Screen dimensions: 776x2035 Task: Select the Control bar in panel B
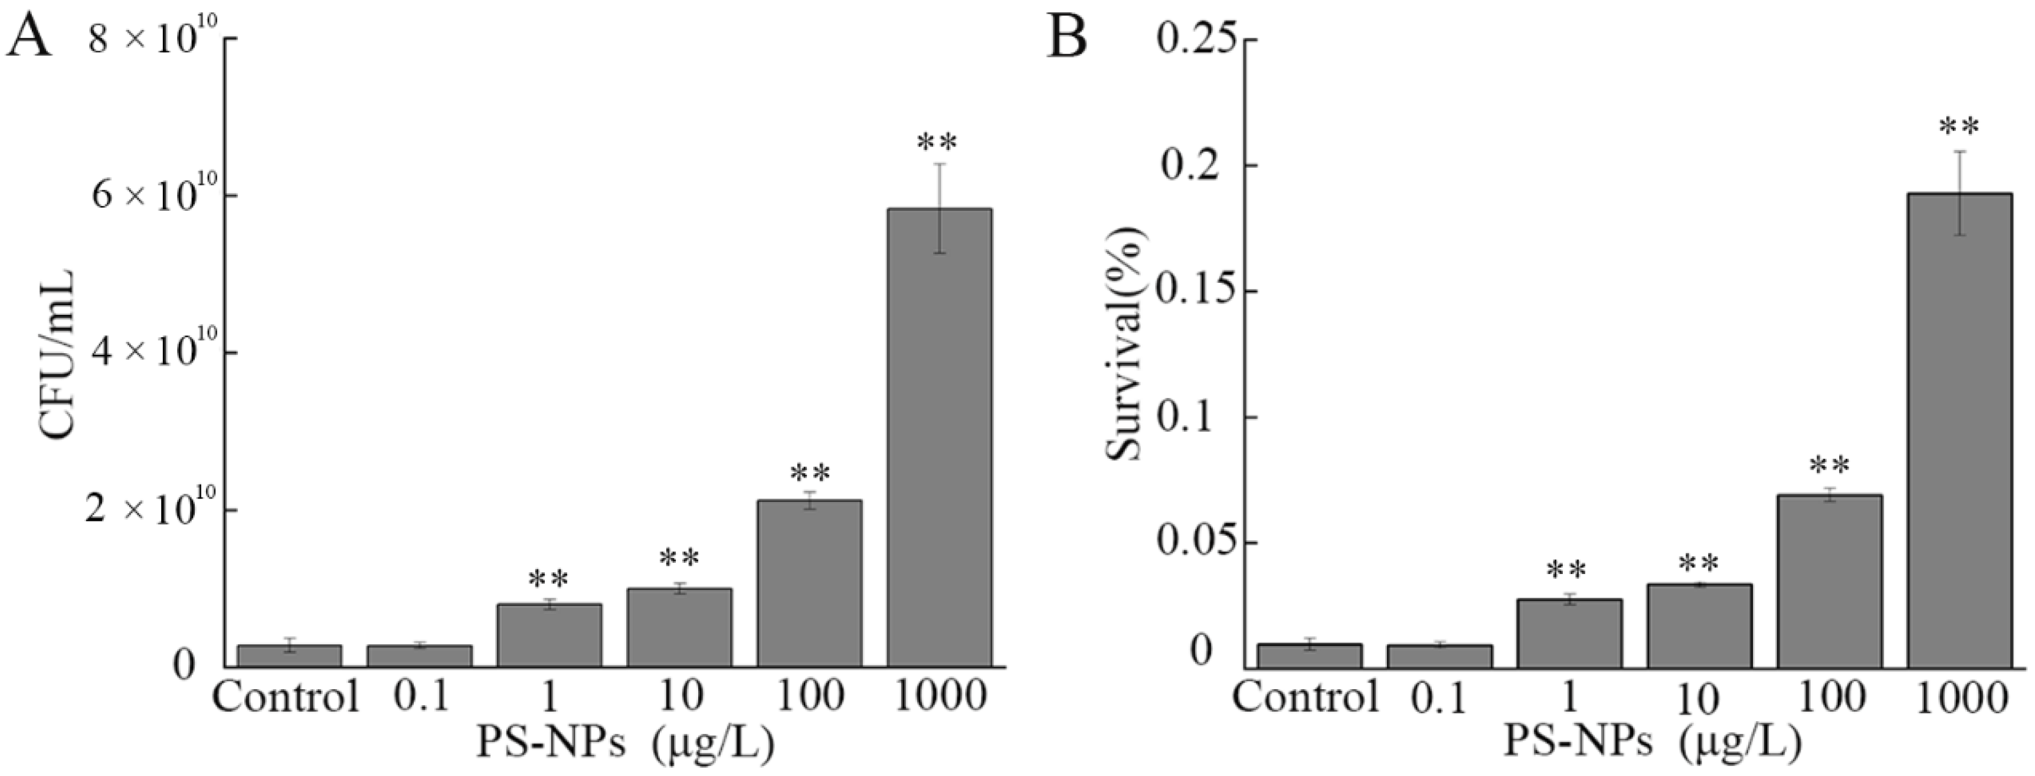coord(1309,656)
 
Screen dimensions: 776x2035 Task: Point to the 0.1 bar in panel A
coord(420,656)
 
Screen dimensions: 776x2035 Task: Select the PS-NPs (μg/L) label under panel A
coord(624,744)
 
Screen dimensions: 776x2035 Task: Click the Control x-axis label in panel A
coord(287,697)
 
